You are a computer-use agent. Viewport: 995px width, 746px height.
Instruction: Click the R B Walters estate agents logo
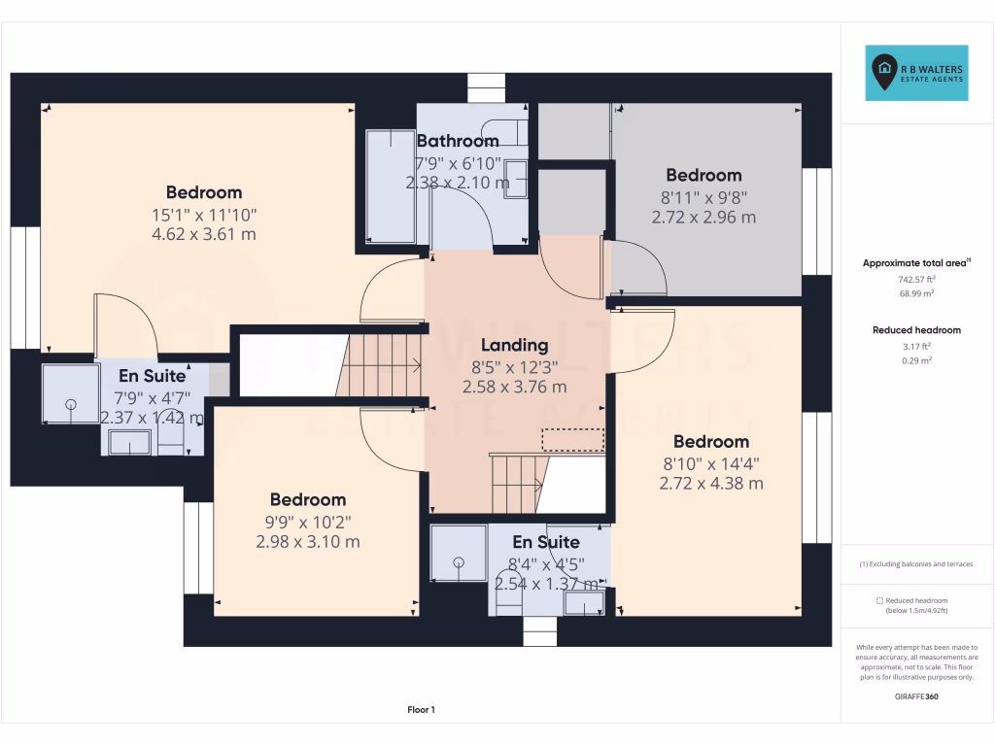[x=916, y=73]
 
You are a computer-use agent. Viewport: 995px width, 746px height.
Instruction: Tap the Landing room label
[x=514, y=345]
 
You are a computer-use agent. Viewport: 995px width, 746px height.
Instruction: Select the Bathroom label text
[x=457, y=142]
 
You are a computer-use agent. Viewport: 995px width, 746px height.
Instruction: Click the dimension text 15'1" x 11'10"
[x=204, y=214]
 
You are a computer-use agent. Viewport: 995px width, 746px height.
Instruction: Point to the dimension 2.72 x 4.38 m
[x=711, y=483]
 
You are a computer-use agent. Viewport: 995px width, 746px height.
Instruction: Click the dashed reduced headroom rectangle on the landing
[x=572, y=439]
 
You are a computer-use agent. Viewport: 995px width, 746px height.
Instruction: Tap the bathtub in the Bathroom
[x=389, y=186]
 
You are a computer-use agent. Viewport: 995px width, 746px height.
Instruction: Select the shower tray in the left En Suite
[x=70, y=393]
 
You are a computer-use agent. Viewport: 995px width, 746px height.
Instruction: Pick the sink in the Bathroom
[x=515, y=180]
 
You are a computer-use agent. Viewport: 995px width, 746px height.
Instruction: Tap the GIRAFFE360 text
[x=917, y=696]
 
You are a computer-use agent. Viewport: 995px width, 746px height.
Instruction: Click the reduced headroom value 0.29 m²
[x=917, y=360]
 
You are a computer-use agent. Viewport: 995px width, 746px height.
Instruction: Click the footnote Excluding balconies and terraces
[x=916, y=564]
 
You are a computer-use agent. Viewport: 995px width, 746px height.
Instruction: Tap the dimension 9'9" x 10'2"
[x=308, y=521]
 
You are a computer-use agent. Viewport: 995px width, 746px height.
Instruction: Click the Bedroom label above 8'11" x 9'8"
[x=703, y=175]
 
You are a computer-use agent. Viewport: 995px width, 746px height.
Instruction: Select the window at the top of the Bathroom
[x=488, y=87]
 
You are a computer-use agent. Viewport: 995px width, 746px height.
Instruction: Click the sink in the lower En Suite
[x=584, y=603]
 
